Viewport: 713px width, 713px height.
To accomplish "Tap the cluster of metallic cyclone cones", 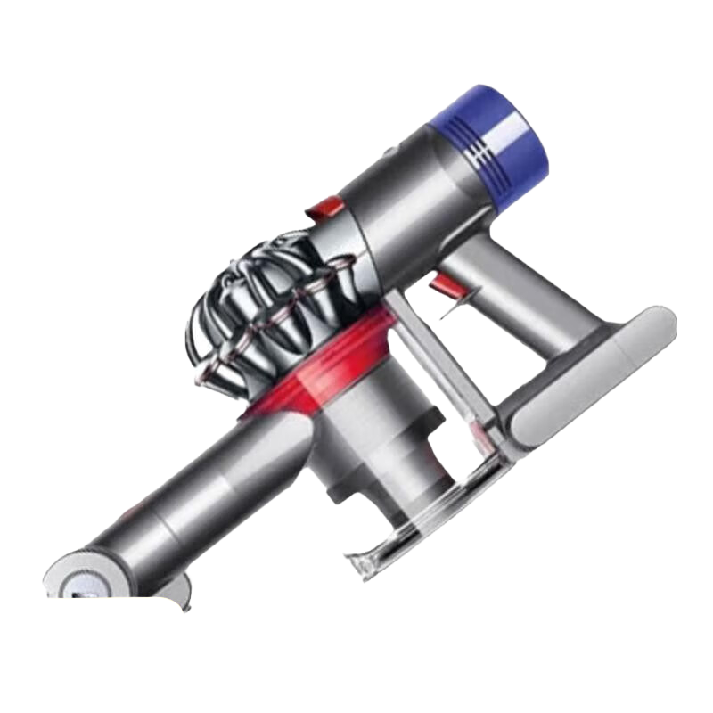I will point(258,312).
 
